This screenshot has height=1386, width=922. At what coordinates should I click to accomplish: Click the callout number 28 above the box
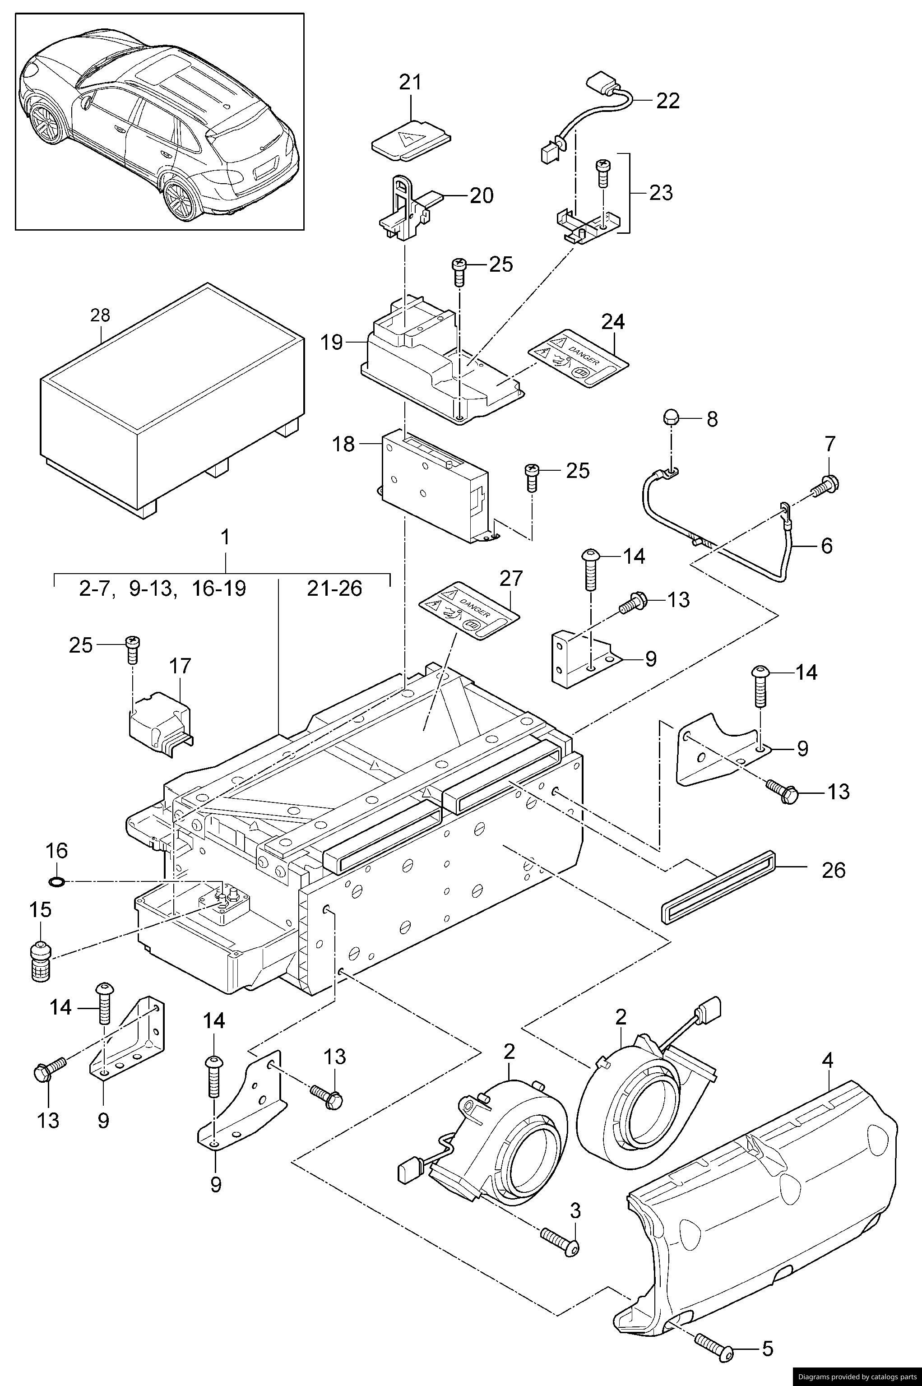tap(100, 315)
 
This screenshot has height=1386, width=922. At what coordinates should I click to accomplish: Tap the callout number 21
tap(410, 82)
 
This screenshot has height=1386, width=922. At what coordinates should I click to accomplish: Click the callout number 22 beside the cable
tap(667, 101)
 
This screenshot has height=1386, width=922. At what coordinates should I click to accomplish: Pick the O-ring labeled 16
tap(56, 881)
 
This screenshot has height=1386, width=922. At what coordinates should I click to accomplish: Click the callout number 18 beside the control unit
tap(344, 444)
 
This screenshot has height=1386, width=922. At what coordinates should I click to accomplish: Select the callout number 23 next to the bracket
tap(660, 192)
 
